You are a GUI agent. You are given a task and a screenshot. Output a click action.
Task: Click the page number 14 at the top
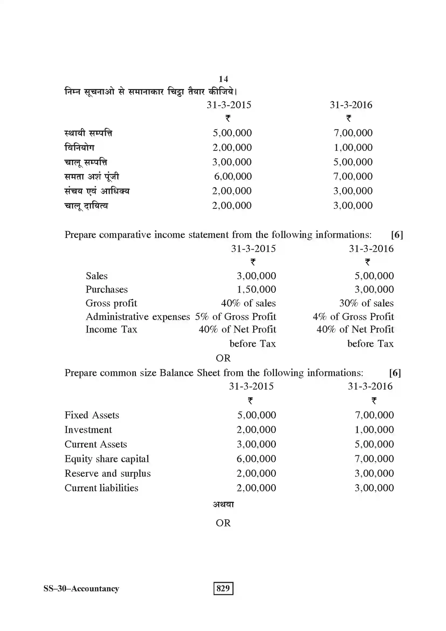[223, 79]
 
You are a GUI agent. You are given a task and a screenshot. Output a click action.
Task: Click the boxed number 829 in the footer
[223, 588]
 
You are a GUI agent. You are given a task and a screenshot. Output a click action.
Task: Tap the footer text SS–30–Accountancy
[81, 588]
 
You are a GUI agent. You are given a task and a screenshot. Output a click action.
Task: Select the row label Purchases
[107, 289]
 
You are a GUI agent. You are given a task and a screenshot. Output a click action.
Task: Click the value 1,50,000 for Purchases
[256, 289]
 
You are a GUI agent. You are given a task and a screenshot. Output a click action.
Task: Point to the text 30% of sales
[366, 303]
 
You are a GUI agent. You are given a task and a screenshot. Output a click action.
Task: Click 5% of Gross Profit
[235, 317]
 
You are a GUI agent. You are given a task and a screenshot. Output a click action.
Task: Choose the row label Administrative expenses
[138, 317]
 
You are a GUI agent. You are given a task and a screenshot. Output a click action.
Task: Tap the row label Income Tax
[111, 329]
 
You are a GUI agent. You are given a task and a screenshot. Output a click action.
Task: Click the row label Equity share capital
[107, 459]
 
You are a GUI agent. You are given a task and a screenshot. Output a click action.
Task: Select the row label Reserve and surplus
[107, 473]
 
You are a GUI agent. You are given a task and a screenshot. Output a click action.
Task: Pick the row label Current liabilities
[101, 488]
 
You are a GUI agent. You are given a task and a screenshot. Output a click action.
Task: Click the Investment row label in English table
[88, 429]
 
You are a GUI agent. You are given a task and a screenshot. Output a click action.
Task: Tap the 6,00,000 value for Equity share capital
[256, 459]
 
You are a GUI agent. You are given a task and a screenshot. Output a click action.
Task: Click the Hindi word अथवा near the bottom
[223, 504]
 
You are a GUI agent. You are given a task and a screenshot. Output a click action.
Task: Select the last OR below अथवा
[223, 523]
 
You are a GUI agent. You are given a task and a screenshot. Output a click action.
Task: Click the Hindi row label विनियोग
[79, 148]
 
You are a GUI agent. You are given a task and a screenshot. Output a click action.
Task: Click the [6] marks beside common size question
[395, 373]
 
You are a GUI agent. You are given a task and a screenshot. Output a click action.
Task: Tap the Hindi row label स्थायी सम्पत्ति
[88, 133]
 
